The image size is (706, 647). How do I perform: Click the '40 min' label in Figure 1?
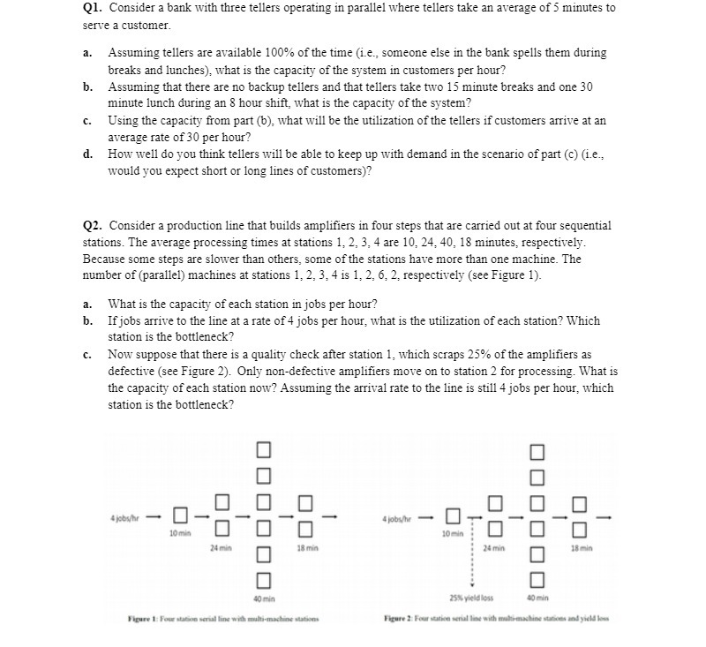[x=261, y=598]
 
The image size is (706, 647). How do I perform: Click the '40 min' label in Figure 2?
[x=537, y=598]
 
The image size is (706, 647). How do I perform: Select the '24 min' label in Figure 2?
[x=495, y=548]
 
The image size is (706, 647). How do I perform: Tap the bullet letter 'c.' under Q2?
[x=89, y=355]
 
